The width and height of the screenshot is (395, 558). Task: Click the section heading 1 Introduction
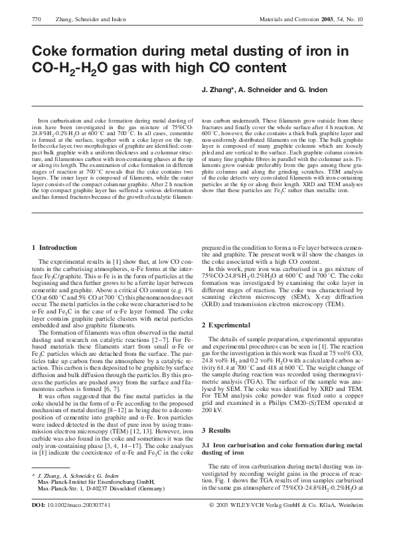(54, 247)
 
